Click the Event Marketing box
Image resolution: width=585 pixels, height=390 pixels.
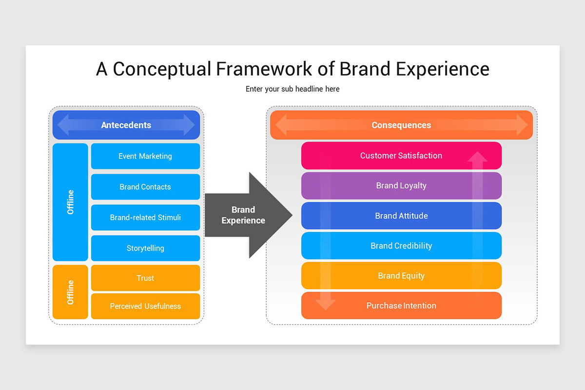pos(145,156)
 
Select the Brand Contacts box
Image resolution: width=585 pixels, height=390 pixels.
pos(145,187)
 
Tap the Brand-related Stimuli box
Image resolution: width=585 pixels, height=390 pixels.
pos(145,217)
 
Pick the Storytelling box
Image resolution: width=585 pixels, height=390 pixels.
pos(145,248)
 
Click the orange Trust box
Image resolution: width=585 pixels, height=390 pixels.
pos(145,278)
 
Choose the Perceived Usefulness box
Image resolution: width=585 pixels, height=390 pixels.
pos(145,306)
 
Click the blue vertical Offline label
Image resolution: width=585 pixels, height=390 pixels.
pos(71,202)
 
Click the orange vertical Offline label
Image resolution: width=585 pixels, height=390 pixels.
pos(71,292)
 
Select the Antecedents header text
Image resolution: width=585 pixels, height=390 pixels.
pos(126,125)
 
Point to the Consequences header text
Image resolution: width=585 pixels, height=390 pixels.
pos(401,125)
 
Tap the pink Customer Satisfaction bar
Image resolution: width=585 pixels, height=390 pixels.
pos(401,156)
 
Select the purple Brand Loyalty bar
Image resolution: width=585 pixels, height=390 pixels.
pos(401,186)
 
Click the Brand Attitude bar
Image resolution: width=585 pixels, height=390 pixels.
pos(401,216)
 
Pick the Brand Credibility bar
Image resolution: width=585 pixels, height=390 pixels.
pos(401,246)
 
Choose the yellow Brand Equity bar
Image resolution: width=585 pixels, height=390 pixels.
pos(401,276)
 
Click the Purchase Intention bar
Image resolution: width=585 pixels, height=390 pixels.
pos(401,306)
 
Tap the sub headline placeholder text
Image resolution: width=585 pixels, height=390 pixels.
pos(292,89)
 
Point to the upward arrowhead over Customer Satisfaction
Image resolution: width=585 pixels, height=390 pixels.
pos(478,157)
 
